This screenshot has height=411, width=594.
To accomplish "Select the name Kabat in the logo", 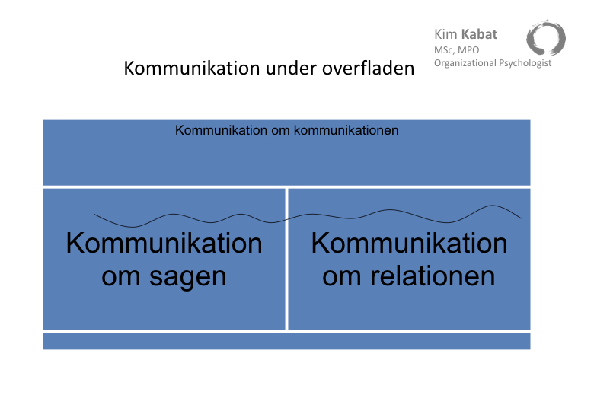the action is [x=479, y=34].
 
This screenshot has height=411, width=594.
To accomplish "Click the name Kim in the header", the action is [x=445, y=34].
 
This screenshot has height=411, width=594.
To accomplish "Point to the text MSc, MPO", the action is [x=456, y=50].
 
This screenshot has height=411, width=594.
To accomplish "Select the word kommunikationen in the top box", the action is [x=346, y=131].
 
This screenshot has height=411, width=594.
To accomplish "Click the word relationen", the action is [x=433, y=276].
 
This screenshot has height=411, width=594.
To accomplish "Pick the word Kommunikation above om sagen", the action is [x=164, y=244].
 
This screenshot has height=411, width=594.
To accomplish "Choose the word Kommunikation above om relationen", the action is [x=409, y=244].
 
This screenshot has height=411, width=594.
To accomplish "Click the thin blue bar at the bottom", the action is [x=286, y=342].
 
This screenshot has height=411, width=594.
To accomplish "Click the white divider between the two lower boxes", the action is [x=286, y=260].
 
